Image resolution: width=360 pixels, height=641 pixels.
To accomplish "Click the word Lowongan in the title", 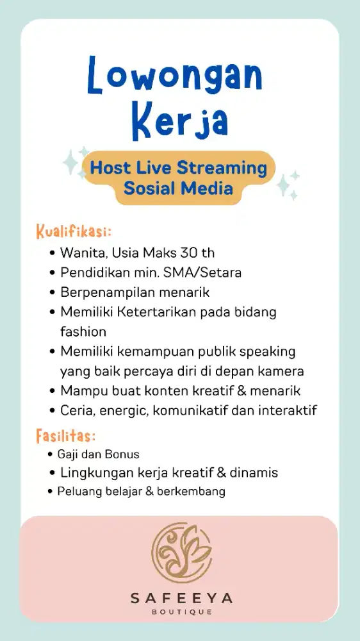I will point(175,76).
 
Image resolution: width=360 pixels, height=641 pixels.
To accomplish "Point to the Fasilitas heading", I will point(66,437).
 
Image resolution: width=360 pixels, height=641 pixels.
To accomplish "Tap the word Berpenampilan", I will point(102,292).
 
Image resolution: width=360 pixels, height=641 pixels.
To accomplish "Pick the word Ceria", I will point(76,410).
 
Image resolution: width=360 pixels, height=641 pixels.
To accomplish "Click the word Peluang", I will point(76,492).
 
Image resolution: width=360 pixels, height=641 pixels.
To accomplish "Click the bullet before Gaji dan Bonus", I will point(51,454).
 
